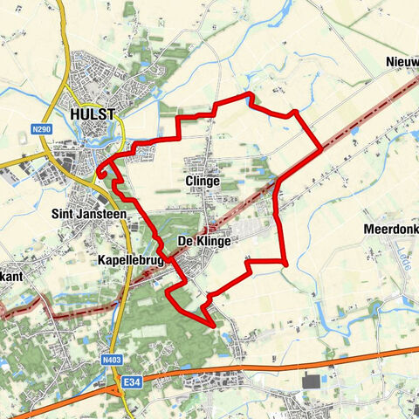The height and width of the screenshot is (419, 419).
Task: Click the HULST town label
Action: [x=93, y=113]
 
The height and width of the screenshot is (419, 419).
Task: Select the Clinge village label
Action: [x=202, y=181]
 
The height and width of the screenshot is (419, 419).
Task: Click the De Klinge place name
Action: [x=203, y=241]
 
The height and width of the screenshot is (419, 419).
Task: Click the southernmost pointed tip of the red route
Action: [x=214, y=326]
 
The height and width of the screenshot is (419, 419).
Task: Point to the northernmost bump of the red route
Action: [x=250, y=93]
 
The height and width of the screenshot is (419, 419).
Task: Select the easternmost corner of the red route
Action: [x=321, y=148]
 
